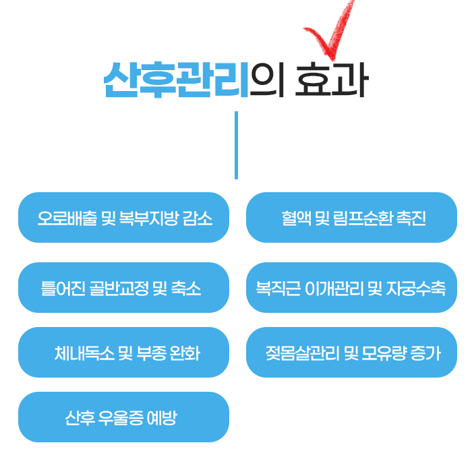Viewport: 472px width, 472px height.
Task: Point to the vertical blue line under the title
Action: click(236, 145)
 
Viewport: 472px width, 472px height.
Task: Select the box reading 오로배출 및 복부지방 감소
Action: click(123, 217)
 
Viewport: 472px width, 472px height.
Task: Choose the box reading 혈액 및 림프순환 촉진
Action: click(351, 217)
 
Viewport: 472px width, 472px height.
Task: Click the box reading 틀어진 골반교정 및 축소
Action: click(123, 287)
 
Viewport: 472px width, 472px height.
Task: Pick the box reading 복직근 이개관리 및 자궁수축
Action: click(351, 287)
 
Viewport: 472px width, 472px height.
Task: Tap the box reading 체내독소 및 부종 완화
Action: click(123, 352)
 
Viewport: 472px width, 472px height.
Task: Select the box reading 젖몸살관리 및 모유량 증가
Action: click(351, 352)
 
